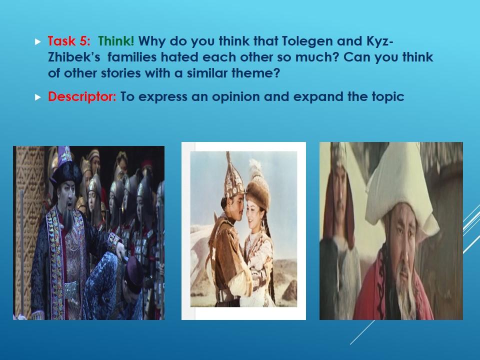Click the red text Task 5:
click(69, 41)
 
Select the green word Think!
click(116, 41)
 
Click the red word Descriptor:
click(82, 96)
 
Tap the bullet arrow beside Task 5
click(38, 41)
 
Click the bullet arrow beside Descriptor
click(38, 97)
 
